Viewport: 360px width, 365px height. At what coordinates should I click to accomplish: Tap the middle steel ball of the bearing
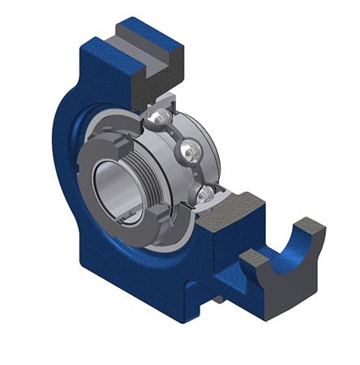click(x=189, y=152)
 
